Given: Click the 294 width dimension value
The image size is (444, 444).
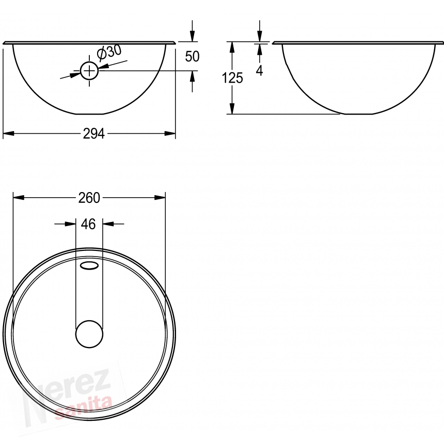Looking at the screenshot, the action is (x=94, y=134).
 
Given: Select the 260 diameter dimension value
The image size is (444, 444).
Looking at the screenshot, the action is (x=89, y=198).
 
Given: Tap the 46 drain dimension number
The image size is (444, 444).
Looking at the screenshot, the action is (x=88, y=224).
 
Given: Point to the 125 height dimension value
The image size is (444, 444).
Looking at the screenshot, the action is (x=232, y=78).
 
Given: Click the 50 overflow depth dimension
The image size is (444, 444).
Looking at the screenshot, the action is (x=192, y=56).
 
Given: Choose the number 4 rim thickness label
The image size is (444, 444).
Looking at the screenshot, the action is (x=259, y=70).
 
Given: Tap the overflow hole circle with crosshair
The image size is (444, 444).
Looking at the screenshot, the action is (x=89, y=71).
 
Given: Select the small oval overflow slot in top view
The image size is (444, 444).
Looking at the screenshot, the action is (x=89, y=265).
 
